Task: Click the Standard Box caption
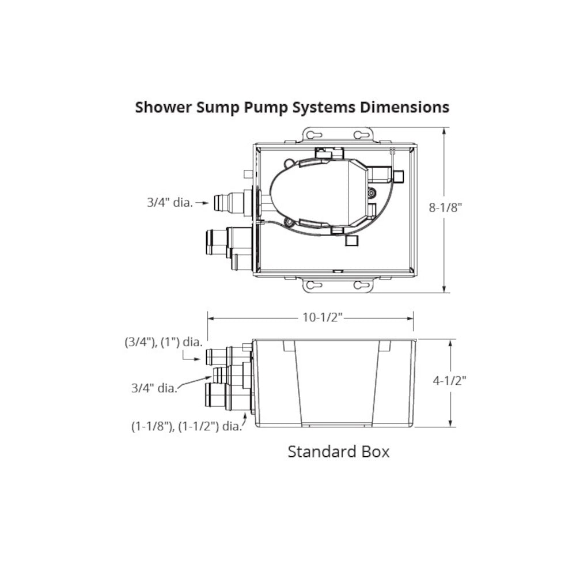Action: [338, 451]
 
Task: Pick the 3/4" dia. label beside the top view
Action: [169, 203]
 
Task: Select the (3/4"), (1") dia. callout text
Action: [164, 342]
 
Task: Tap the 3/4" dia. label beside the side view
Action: [153, 388]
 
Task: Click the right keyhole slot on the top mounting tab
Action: [361, 135]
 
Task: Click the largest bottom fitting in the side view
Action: [216, 397]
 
